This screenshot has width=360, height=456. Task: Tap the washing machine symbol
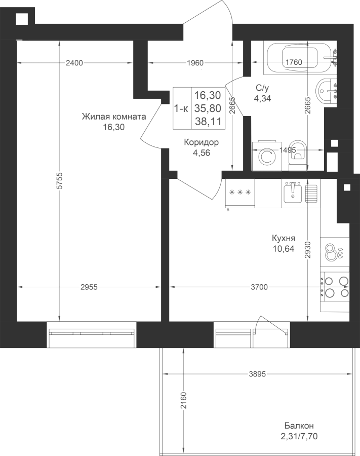coord(267,156)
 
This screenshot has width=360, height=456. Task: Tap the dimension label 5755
coord(60,181)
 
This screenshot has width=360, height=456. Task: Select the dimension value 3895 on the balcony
coord(257,374)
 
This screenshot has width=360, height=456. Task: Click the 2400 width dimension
coord(74,62)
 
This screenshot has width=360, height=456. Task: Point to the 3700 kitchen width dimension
coord(259,287)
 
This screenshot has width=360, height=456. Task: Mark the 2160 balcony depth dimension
coord(183,400)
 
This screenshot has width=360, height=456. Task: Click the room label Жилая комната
coord(113,117)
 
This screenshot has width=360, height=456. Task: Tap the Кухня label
coord(284,238)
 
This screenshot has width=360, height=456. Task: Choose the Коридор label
coord(201,142)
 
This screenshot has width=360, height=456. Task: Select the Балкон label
coord(299,426)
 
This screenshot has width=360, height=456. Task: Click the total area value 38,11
coord(208,121)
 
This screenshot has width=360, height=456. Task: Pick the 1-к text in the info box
coord(181,108)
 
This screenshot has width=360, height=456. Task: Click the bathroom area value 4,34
coord(262,99)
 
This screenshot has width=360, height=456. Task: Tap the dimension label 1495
coord(288,150)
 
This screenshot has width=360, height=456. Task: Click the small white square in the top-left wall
coord(22,19)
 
